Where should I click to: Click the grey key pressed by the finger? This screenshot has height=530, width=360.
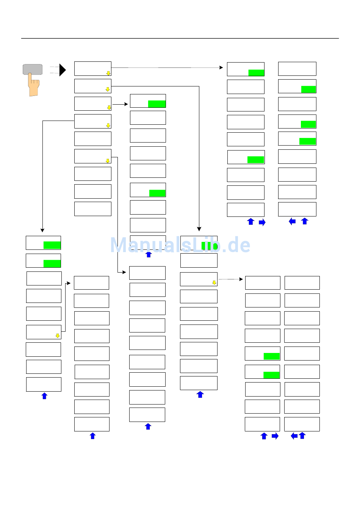click(33, 69)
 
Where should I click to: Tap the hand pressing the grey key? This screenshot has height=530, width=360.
click(34, 87)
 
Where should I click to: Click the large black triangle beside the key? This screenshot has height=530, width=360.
click(63, 70)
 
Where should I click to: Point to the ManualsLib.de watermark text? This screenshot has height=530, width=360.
click(180, 245)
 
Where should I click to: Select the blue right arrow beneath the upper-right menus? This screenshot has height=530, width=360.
click(262, 223)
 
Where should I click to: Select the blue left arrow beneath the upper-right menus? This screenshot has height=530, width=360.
click(292, 221)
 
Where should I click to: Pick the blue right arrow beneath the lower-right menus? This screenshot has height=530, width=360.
click(275, 436)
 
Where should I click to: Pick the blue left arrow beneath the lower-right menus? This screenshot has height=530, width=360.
click(294, 436)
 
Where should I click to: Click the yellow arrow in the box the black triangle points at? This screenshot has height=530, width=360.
click(108, 73)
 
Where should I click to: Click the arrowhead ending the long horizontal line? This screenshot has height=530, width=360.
click(221, 67)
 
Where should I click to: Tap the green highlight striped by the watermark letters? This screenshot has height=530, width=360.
click(209, 246)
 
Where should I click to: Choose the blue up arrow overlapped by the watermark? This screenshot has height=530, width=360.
click(149, 254)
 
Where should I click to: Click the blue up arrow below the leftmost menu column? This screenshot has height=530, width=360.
click(44, 396)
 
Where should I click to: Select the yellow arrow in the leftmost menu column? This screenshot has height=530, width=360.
click(58, 336)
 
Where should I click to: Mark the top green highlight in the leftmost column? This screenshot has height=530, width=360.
click(52, 245)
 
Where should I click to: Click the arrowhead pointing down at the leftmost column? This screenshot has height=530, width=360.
click(42, 230)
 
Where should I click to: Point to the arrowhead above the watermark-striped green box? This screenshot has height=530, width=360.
click(199, 229)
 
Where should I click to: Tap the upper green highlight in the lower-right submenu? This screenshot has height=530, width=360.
click(271, 356)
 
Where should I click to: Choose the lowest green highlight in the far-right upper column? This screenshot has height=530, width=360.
click(307, 141)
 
